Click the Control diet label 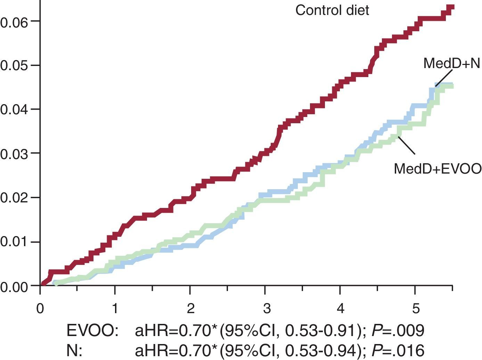332,10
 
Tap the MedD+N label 451,64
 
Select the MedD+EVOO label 438,169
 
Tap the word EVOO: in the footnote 92,331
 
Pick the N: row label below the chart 74,350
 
